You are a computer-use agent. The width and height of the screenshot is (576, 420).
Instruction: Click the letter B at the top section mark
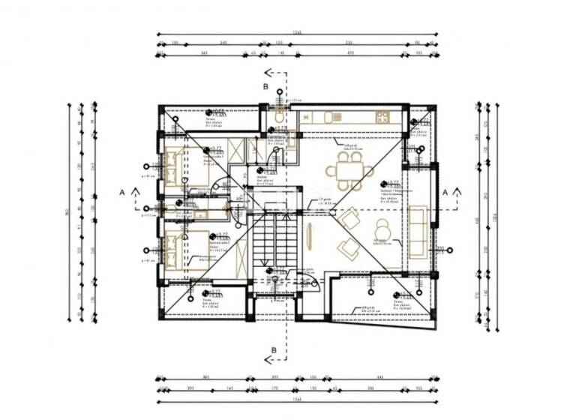(265, 86)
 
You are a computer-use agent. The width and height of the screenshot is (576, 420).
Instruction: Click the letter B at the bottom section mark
(274, 350)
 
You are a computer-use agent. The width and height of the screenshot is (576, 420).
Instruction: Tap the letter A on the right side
(445, 192)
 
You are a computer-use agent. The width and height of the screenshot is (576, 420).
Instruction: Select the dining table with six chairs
(349, 175)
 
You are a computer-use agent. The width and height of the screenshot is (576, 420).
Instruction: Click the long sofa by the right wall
(417, 233)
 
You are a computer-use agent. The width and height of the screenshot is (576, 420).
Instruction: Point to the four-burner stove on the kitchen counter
(382, 117)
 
